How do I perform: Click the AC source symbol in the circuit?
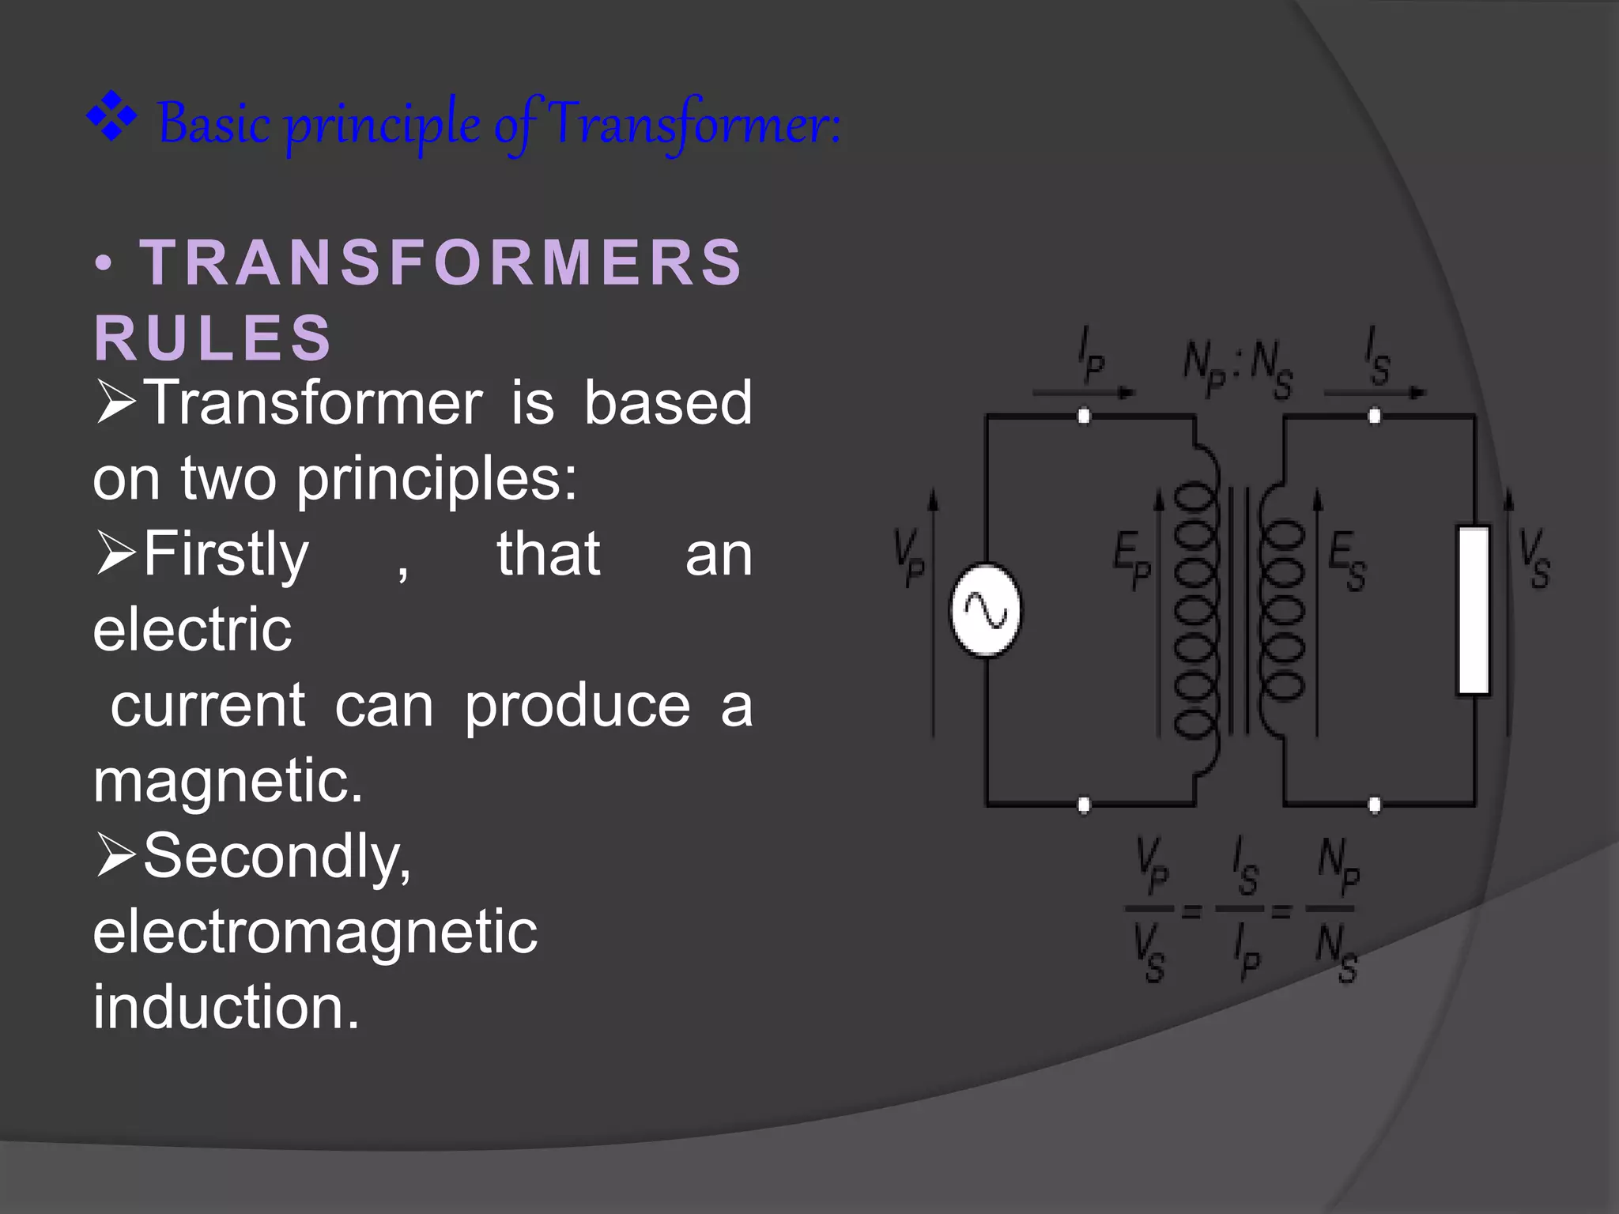[985, 610]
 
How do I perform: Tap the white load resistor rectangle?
[1474, 610]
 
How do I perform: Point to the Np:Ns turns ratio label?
[1237, 370]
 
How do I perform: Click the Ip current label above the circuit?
[1092, 357]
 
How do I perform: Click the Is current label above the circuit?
[1377, 357]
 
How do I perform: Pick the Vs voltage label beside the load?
[1534, 558]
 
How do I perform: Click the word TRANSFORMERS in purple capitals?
[441, 262]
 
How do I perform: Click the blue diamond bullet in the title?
[111, 117]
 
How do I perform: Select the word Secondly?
[277, 857]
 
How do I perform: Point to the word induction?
[226, 1008]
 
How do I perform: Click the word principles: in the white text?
[437, 479]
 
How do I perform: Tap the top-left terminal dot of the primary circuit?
[1084, 416]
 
